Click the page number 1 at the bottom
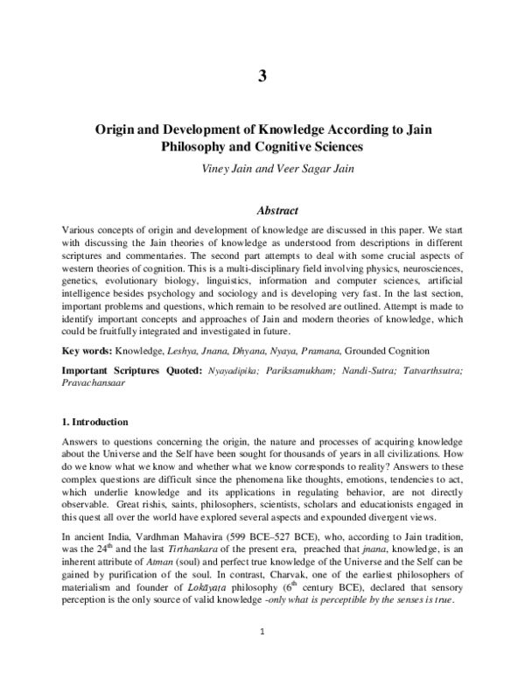(262, 653)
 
